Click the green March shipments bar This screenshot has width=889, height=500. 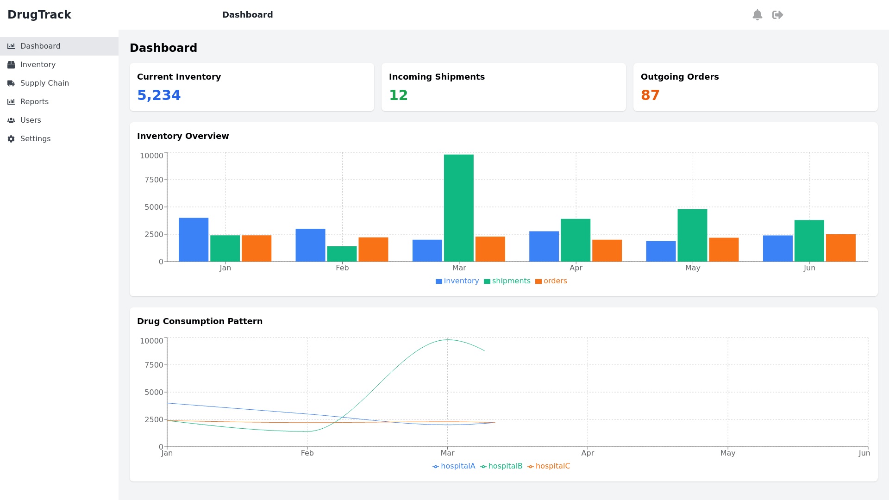[x=458, y=208]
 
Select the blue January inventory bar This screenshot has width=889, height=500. [x=194, y=240]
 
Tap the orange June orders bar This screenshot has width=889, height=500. [x=840, y=248]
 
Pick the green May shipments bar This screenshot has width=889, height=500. [x=692, y=236]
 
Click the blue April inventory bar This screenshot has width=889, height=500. [x=544, y=247]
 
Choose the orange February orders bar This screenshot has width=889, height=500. [x=373, y=250]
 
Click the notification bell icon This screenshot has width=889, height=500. [x=758, y=15]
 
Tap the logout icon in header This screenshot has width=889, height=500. [x=778, y=15]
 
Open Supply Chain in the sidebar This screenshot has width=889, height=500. [x=44, y=83]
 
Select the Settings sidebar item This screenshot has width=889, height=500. [x=35, y=139]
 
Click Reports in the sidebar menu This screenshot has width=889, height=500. [x=34, y=102]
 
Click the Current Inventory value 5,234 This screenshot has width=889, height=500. [x=159, y=95]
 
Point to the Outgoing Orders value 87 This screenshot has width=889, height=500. [x=650, y=95]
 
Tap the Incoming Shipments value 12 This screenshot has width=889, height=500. [x=398, y=95]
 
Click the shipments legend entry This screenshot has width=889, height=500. [x=507, y=281]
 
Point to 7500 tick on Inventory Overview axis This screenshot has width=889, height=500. [x=154, y=180]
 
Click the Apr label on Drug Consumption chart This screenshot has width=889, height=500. [x=588, y=453]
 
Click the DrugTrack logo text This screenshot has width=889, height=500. [x=39, y=15]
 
